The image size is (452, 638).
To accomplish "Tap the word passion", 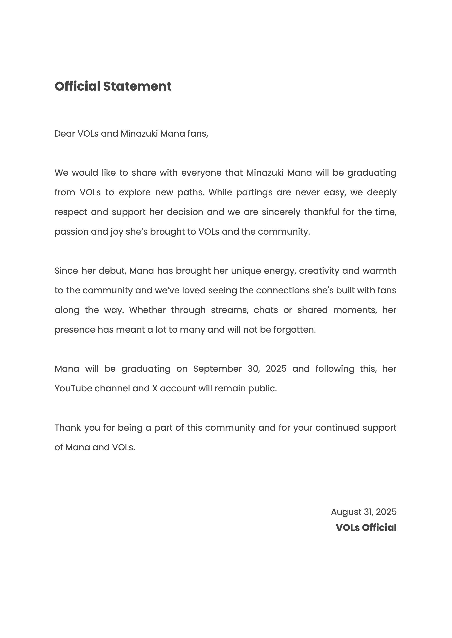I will click(71, 232).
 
